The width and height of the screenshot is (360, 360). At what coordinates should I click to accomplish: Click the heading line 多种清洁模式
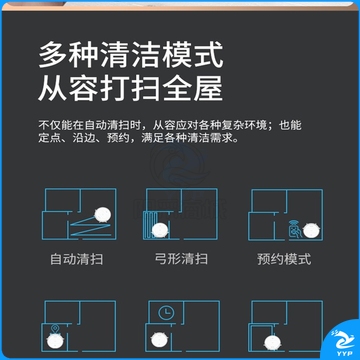[130, 55]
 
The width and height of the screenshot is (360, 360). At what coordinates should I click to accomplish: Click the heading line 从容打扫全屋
[130, 88]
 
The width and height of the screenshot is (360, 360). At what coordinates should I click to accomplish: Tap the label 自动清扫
[77, 259]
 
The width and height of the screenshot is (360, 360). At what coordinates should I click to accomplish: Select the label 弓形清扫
[181, 259]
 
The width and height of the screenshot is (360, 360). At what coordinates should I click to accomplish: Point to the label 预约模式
[284, 259]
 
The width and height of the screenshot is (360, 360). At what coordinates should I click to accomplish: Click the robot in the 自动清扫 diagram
[103, 215]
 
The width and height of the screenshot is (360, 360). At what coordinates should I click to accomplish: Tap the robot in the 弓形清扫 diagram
[160, 230]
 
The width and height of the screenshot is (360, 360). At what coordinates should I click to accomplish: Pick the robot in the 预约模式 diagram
[311, 231]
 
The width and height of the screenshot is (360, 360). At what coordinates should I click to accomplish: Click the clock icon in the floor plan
[166, 313]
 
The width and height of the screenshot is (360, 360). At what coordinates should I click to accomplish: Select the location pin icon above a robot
[55, 329]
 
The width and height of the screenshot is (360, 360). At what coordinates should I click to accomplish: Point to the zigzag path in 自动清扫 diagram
[90, 227]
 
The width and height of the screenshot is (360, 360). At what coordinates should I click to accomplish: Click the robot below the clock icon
[159, 340]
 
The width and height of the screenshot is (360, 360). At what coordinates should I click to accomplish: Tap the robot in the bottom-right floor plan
[273, 343]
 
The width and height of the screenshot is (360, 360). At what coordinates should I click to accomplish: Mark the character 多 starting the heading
[52, 55]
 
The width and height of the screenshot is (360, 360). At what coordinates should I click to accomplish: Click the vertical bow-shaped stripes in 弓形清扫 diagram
[149, 224]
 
